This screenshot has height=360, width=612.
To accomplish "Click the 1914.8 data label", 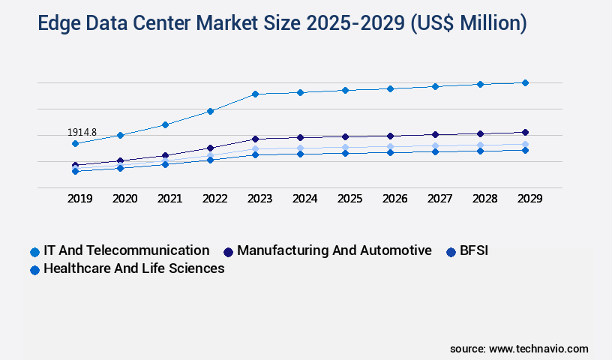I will (x=82, y=132).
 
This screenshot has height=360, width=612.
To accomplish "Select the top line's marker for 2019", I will (x=75, y=143).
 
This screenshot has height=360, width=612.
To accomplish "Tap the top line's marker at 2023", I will (x=255, y=94).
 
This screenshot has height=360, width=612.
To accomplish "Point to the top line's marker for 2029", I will (x=525, y=82).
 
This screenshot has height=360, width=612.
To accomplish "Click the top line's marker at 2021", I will (x=165, y=124).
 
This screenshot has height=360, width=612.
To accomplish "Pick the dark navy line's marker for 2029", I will (x=525, y=133).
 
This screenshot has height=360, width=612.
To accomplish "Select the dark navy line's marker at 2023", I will (x=255, y=139).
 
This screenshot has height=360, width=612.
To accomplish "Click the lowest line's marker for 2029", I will (x=525, y=150).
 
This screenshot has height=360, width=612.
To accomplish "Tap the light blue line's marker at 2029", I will (x=525, y=144).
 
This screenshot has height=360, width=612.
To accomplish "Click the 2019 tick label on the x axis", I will (x=79, y=199).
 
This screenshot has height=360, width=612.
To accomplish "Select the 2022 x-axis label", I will (x=214, y=199).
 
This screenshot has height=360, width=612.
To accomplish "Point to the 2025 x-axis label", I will (x=349, y=199).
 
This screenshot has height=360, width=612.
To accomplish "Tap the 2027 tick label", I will (x=439, y=199).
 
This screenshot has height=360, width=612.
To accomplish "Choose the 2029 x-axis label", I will (x=529, y=199).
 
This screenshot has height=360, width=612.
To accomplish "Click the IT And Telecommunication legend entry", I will (x=126, y=250).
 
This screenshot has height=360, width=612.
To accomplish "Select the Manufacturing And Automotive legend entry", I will (x=334, y=250).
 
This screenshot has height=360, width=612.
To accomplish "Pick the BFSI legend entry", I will (x=474, y=250).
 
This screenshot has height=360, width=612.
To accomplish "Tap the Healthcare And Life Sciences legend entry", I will (x=133, y=268).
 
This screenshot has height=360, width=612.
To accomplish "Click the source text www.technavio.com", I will (x=538, y=349).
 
